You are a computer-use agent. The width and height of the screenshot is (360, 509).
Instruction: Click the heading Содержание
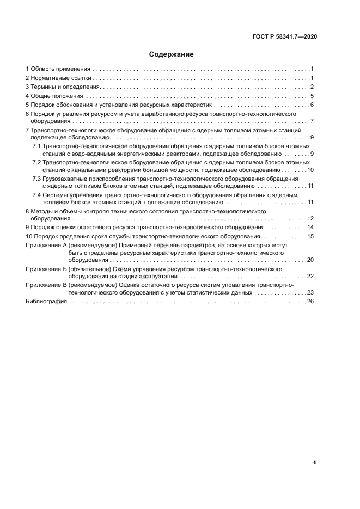click(172, 54)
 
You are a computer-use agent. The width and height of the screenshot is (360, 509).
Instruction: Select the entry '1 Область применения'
click(57, 69)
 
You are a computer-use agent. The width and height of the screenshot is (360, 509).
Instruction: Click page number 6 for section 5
click(311, 105)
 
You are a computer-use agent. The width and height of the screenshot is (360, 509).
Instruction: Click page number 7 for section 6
click(311, 121)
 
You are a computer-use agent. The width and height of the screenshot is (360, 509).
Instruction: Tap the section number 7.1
click(36, 147)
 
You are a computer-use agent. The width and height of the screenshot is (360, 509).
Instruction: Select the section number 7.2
click(36, 163)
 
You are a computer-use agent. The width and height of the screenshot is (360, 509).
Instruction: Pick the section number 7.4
click(36, 194)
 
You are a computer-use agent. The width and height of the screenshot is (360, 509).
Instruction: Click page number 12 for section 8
click(309, 218)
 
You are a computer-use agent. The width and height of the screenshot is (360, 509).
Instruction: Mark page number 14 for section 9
click(309, 227)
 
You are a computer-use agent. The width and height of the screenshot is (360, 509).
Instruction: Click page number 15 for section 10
click(309, 236)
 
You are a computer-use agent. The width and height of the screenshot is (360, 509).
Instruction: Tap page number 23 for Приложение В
click(309, 292)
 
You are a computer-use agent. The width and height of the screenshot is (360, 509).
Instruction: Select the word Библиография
click(46, 301)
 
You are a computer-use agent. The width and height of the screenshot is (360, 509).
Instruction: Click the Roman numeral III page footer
click(314, 463)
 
